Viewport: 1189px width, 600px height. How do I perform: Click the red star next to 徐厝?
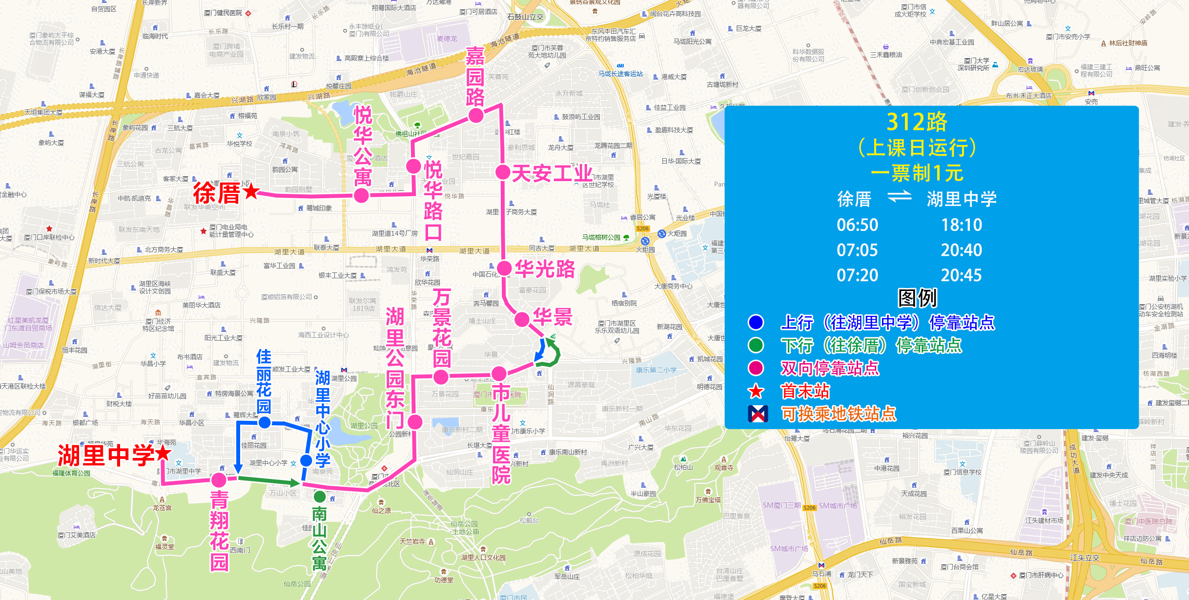[251, 191]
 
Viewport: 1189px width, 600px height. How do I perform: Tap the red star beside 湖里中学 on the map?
[163, 453]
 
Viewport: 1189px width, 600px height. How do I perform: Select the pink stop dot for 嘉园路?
[476, 116]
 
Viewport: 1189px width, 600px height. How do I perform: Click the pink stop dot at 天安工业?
[503, 172]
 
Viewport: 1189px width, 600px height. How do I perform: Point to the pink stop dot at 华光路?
[504, 268]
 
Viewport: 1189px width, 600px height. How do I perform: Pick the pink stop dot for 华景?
[522, 319]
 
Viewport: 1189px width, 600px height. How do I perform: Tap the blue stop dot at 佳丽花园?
[265, 422]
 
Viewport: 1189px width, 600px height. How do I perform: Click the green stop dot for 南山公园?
[320, 497]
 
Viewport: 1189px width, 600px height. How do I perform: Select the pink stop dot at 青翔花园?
[219, 480]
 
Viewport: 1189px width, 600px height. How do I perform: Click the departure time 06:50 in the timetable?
[857, 225]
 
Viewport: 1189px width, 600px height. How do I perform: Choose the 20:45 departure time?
[961, 275]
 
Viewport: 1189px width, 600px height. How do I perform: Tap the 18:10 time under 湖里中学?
[961, 225]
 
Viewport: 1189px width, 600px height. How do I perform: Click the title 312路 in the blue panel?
[916, 122]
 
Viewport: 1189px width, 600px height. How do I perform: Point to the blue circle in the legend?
[756, 322]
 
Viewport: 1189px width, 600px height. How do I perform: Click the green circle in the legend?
[756, 345]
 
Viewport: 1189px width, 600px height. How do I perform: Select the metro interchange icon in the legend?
[758, 414]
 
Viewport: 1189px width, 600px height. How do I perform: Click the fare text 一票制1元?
[916, 173]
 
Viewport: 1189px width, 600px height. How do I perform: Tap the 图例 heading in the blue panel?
[917, 298]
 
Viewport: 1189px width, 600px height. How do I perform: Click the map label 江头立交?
[1085, 558]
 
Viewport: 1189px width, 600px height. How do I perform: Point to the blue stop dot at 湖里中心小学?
[306, 460]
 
